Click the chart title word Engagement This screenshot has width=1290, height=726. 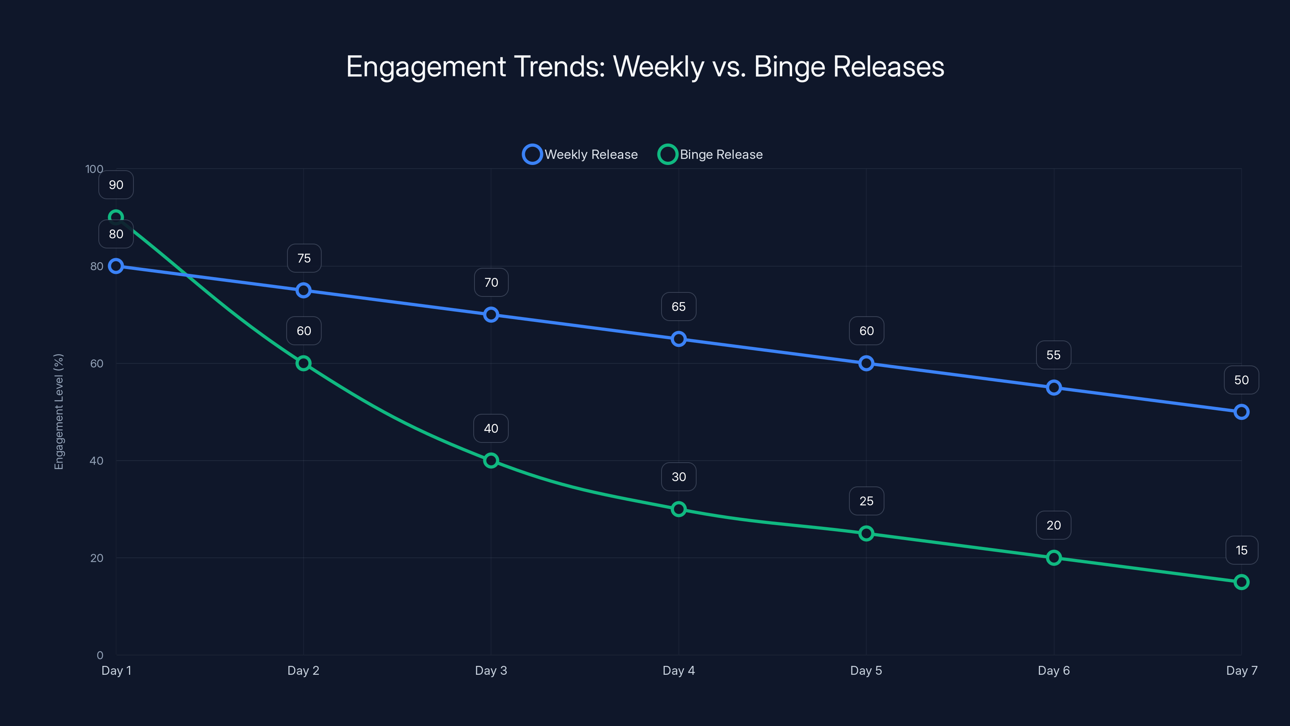[426, 67]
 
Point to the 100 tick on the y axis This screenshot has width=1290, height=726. [94, 169]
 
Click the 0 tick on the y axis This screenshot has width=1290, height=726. [100, 655]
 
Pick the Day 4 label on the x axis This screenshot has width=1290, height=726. [678, 670]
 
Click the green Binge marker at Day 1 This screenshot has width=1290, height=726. [116, 217]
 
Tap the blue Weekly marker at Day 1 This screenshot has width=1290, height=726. [116, 266]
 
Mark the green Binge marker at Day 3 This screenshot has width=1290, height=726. [491, 461]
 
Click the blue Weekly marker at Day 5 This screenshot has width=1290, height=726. [866, 363]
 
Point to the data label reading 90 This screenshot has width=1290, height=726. [116, 185]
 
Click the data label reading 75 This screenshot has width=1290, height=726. [304, 258]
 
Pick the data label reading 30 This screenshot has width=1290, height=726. [678, 476]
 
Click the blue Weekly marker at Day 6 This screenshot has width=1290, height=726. [1054, 387]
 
